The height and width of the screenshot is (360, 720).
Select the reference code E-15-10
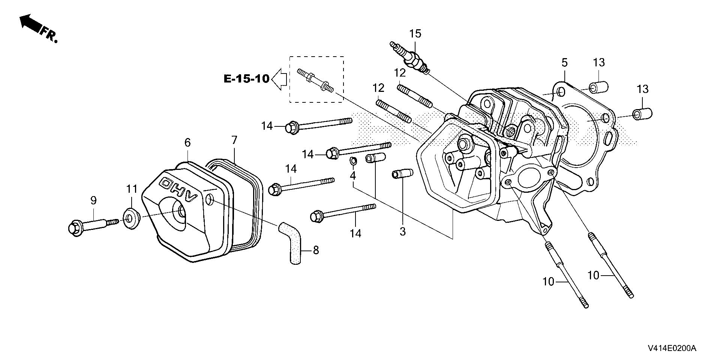point(246,79)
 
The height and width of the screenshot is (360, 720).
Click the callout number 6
point(187,142)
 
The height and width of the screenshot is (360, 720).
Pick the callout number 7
point(234,141)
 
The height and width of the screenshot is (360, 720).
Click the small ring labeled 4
point(353,161)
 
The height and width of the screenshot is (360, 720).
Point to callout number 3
point(402,231)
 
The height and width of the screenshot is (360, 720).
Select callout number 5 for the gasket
point(564,62)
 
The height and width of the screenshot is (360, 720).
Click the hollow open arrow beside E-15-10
point(279,79)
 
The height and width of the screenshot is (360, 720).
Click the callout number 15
point(415,34)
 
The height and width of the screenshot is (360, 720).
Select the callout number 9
point(93,201)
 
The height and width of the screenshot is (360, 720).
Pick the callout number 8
point(316,250)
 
